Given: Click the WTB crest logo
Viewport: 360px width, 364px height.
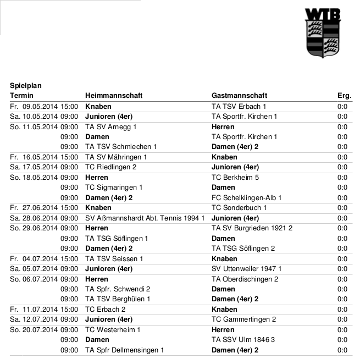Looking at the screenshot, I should tap(323, 33).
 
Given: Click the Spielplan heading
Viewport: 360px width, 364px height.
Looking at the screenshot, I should tap(26, 86).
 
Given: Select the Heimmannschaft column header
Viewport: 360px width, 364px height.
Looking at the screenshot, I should tap(114, 96).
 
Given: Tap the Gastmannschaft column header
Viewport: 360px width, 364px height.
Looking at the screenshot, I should tap(239, 96).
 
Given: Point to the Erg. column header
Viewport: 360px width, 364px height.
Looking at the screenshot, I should tap(344, 96).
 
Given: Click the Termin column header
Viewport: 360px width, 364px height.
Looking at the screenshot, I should tap(22, 96).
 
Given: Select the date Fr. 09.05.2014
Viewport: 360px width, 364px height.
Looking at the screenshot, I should tap(34, 106).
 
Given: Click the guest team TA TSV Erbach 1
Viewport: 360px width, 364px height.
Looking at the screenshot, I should tap(239, 106).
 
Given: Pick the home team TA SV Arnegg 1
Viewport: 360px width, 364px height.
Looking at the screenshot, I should tap(111, 126).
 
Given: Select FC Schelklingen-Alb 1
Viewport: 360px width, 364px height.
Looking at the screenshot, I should tap(247, 198).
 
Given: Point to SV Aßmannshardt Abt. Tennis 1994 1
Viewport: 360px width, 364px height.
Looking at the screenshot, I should tap(145, 218).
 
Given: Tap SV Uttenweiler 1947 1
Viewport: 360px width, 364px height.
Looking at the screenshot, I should tap(246, 269).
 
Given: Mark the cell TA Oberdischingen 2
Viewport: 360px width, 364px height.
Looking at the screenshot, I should tap(245, 279).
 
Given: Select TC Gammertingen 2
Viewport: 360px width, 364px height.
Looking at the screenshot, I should tap(243, 319).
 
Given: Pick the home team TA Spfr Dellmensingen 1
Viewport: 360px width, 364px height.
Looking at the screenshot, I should tap(125, 350).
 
